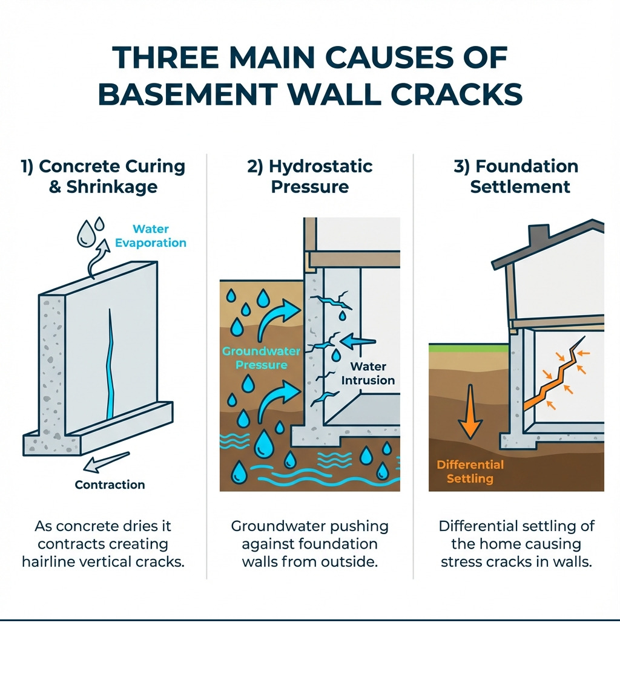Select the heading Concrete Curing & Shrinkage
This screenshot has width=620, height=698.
tap(103, 176)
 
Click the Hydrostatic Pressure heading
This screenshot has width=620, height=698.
tap(309, 176)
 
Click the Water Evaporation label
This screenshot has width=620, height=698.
tap(159, 236)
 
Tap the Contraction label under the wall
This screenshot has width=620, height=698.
tap(110, 484)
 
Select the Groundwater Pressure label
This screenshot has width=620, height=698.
tap(255, 358)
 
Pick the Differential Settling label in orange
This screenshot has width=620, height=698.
tap(470, 472)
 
